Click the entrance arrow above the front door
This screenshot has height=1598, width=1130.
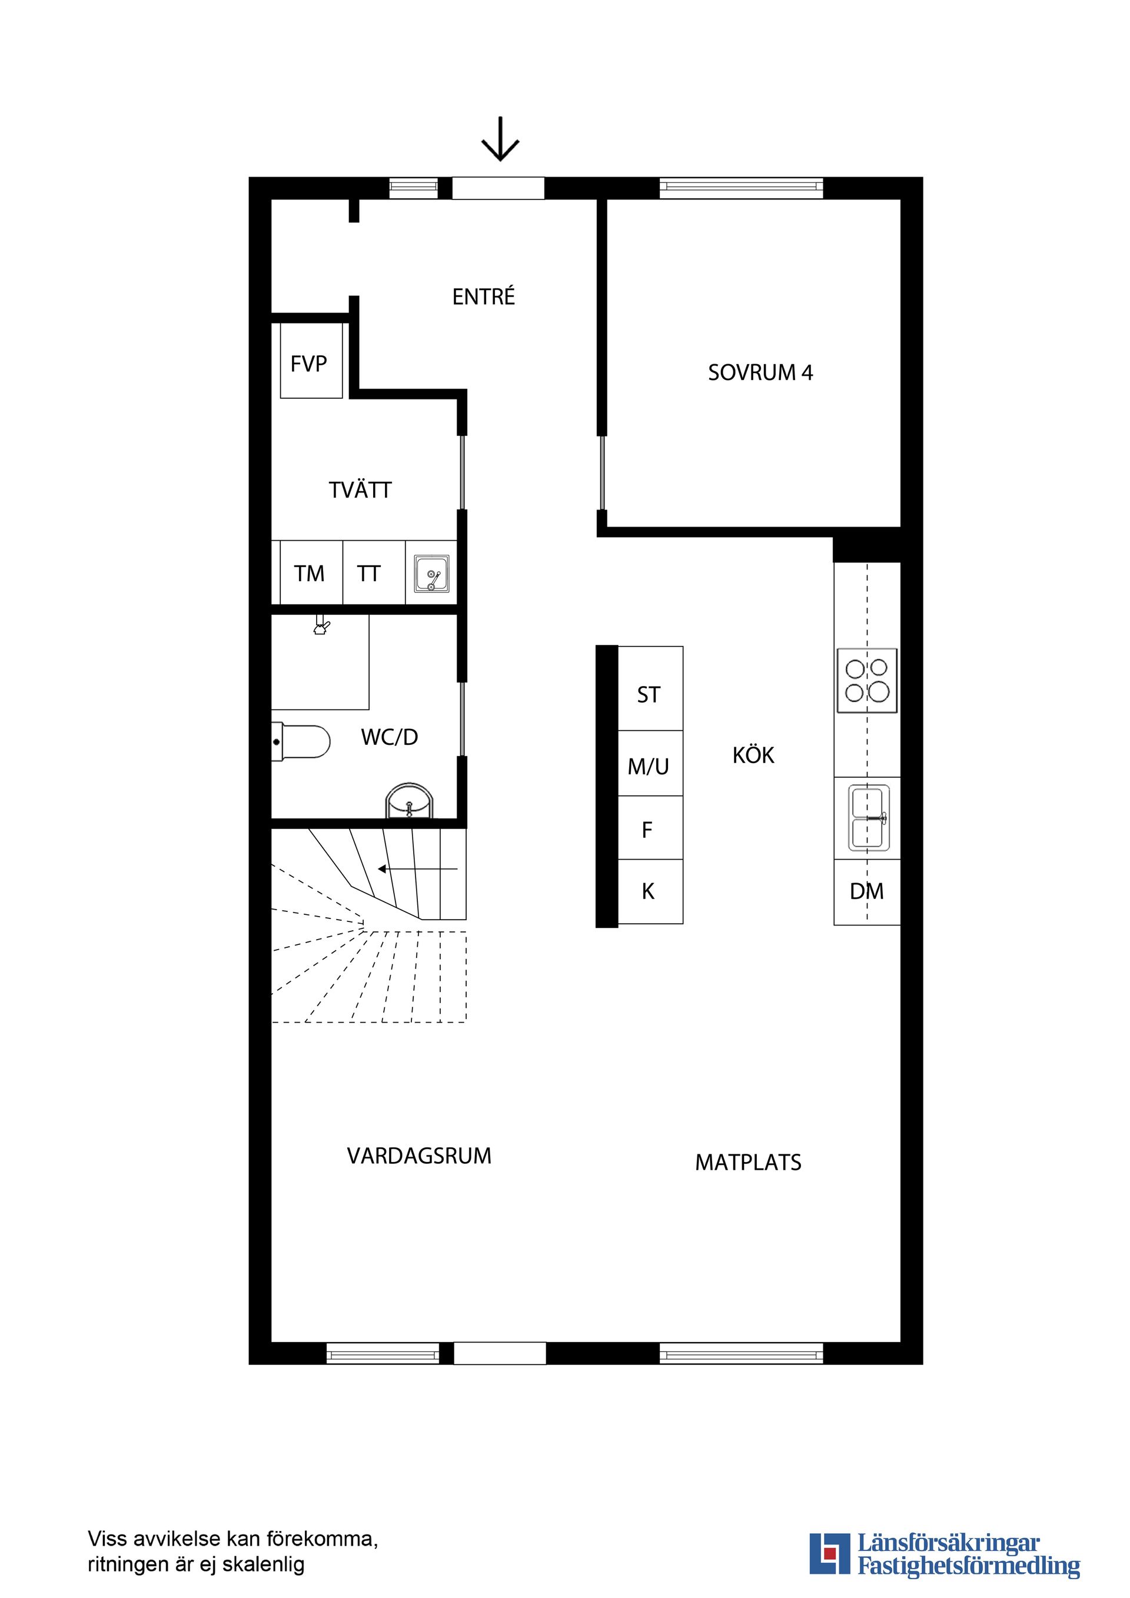coord(500,139)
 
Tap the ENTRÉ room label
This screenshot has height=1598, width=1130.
coord(483,297)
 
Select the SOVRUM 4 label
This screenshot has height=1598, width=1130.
coord(760,373)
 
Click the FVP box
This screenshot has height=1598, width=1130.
coord(311,362)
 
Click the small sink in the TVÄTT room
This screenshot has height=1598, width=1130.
coord(431,574)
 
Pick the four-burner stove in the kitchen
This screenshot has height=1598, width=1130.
coord(866,680)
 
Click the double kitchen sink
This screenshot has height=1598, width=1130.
coord(868,818)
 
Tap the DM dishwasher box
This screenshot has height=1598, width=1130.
coord(867,891)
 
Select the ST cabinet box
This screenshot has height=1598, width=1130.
coord(650,695)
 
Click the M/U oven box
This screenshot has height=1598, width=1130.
coord(650,765)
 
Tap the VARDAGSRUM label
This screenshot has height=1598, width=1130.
coord(419,1156)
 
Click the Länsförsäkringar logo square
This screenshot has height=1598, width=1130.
coord(829,1554)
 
